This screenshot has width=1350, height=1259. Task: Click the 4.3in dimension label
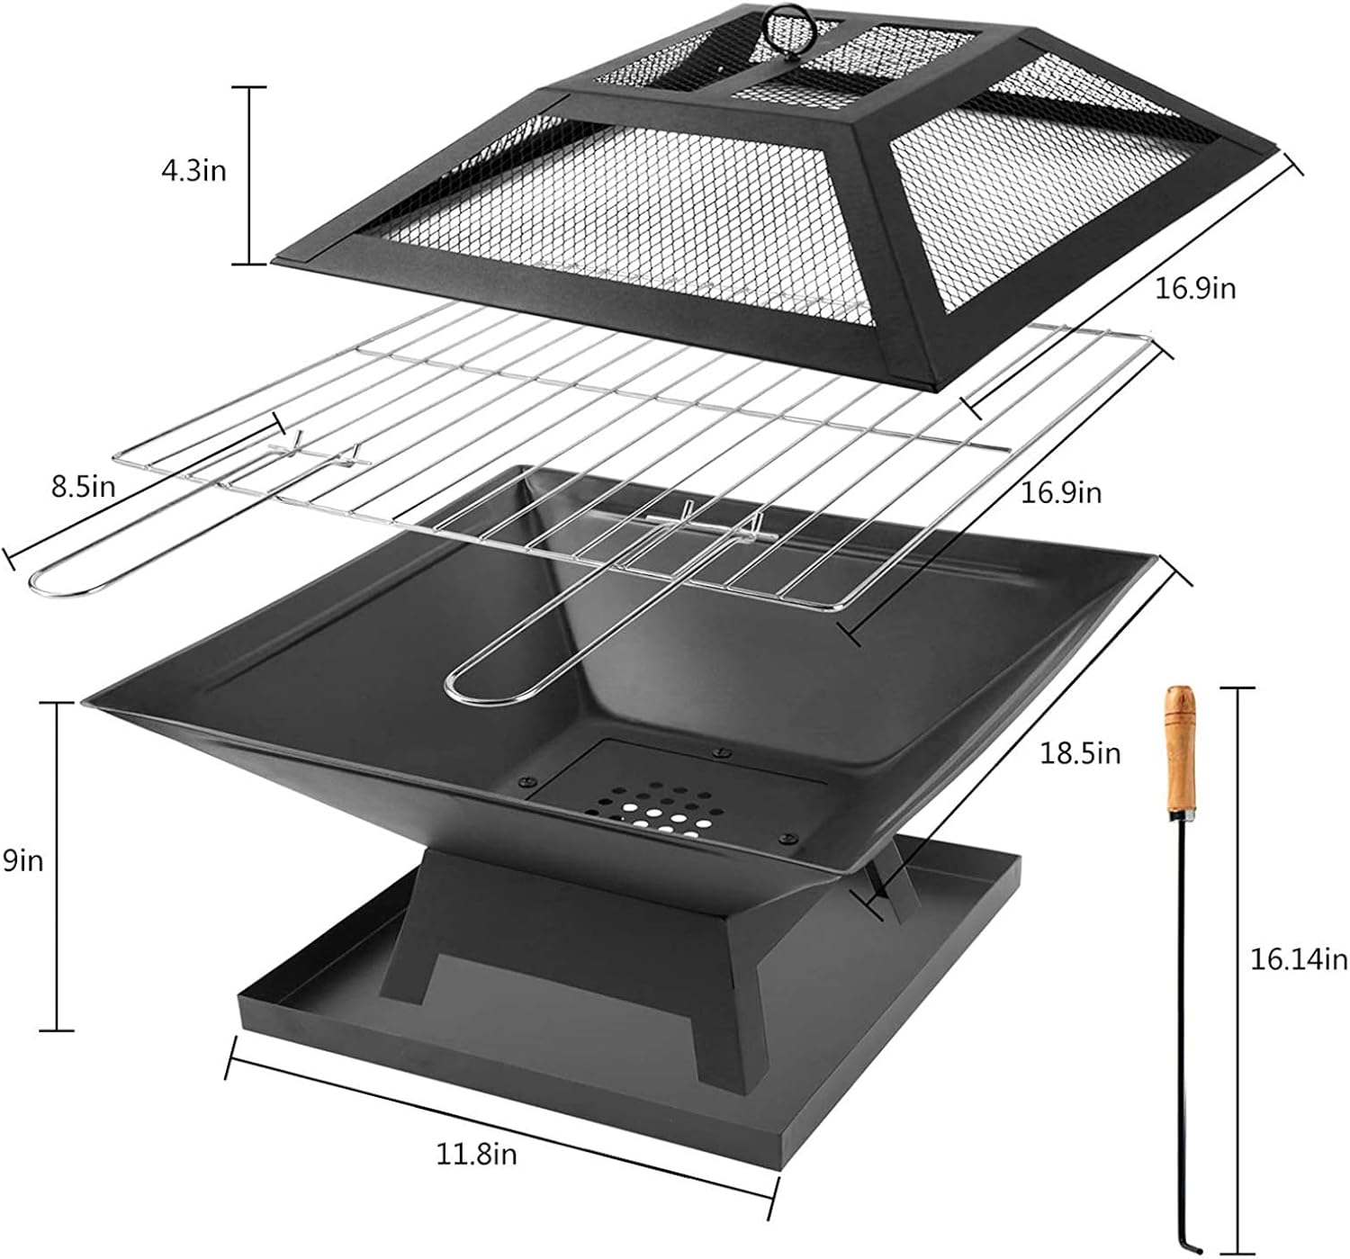point(193,170)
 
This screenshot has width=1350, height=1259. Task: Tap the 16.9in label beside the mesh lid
point(1196,288)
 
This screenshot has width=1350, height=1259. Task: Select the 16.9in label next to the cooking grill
point(1061,492)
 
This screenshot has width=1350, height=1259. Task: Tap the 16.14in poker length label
point(1298,960)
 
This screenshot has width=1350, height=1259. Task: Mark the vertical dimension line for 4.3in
point(251,175)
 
